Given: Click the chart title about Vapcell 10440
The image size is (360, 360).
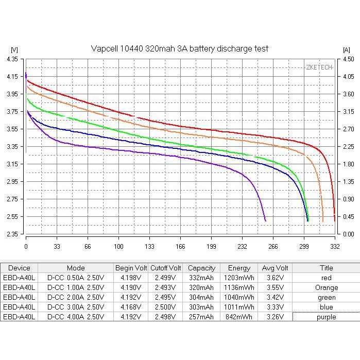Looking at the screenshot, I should tap(179, 48).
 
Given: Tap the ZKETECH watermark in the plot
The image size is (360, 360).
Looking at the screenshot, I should tap(319, 67).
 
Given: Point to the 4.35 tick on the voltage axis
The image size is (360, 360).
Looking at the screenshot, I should tap(12, 59).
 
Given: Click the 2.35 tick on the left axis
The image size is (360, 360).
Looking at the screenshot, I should tap(12, 234).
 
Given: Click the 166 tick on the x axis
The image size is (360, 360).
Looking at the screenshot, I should tap(180, 246).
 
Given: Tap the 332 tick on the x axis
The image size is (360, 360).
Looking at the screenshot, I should tap(335, 246).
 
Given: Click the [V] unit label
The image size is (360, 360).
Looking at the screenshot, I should tap(14, 49).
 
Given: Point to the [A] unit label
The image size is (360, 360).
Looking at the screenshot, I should tap(346, 49).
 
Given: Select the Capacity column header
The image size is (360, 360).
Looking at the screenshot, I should tap(201, 268).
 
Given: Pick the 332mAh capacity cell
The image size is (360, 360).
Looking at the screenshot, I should tap(201, 278).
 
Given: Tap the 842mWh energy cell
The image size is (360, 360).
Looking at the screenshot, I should tap(238, 317).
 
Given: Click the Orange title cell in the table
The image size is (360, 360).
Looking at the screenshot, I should tap(327, 288).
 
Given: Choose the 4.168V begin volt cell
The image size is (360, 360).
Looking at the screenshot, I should tap(131, 307).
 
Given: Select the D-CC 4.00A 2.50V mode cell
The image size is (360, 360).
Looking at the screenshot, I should tap(76, 317).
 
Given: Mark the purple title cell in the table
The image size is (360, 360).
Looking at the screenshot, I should tap(327, 317).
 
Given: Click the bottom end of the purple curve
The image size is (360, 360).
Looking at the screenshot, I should tap(265, 221).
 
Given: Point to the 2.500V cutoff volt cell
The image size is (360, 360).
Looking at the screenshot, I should tap(166, 307).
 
